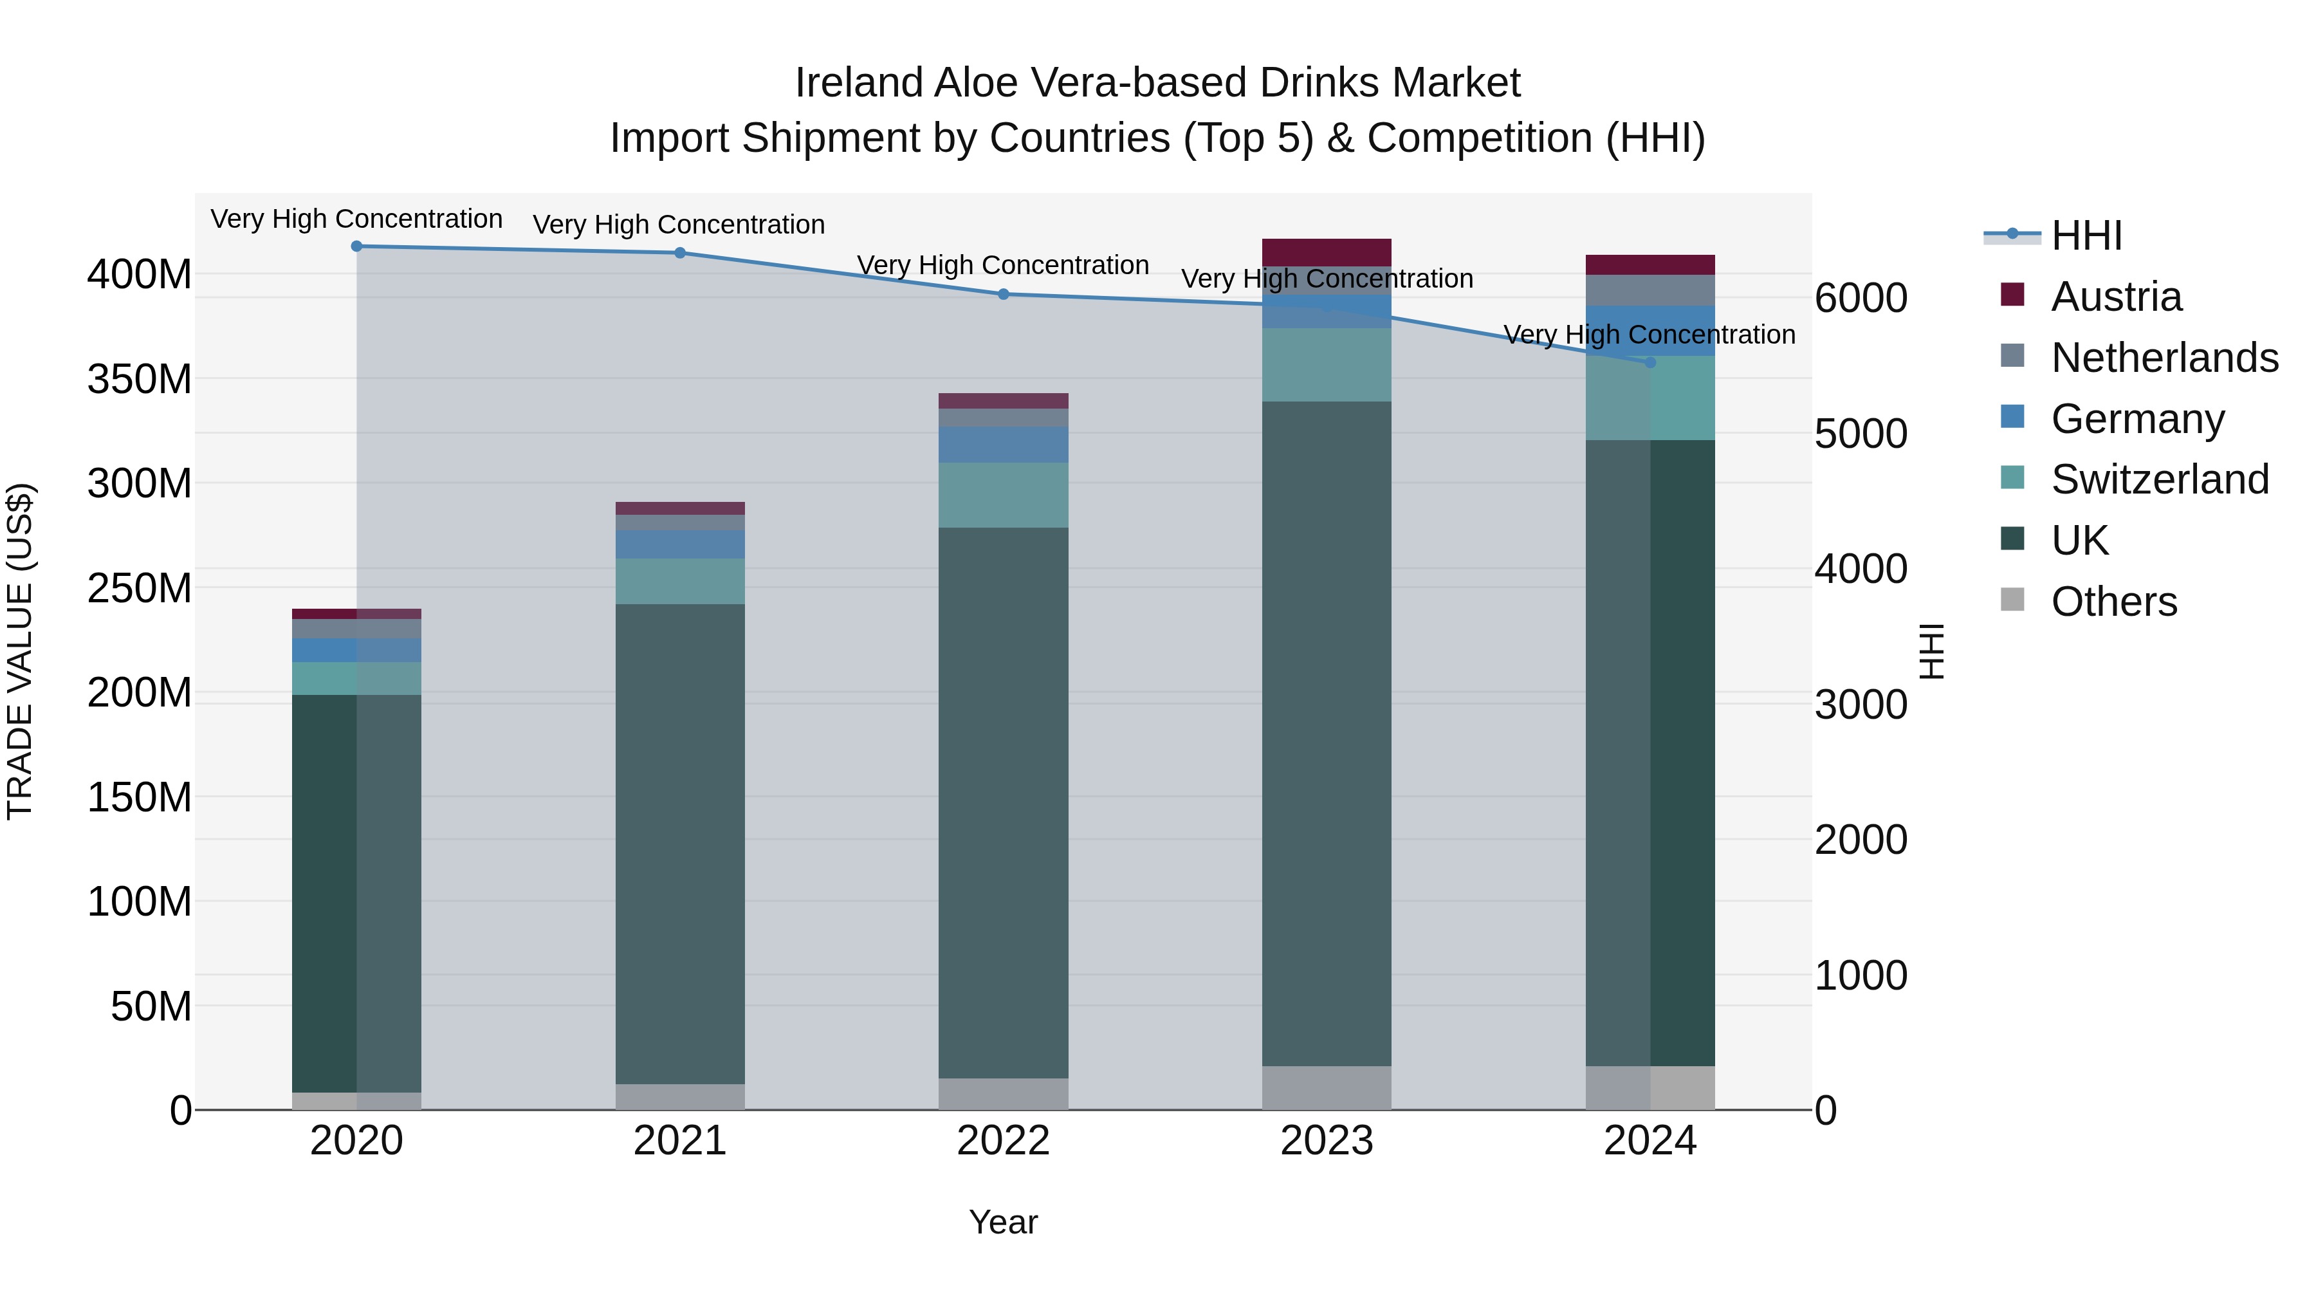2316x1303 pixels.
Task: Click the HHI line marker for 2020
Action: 357,246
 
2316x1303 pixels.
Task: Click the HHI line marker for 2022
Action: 1004,294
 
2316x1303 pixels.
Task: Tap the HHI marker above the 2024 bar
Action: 1650,362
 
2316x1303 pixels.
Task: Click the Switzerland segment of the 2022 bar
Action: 1004,495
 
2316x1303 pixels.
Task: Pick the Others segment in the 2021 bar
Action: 680,1096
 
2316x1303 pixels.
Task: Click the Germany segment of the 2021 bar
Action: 680,543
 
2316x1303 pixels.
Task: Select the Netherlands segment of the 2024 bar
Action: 1650,290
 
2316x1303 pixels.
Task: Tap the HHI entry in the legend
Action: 2086,236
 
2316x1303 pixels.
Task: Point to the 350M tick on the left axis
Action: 140,378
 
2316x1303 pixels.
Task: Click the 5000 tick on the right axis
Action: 1860,434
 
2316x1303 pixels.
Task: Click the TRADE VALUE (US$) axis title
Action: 20,651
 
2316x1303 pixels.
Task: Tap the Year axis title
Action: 1004,1222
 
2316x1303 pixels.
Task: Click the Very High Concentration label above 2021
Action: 679,224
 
